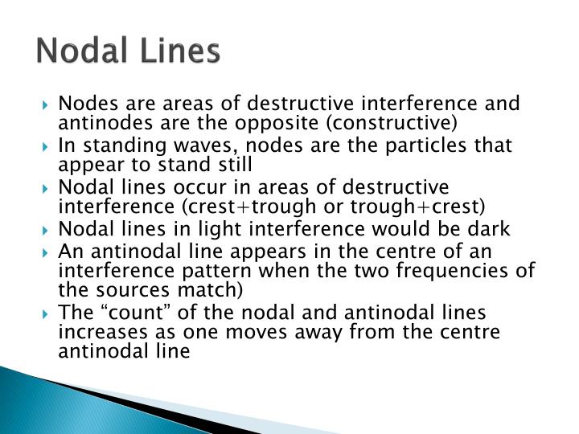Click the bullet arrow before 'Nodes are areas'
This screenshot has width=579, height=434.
49,104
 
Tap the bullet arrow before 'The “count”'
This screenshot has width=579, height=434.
49,312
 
